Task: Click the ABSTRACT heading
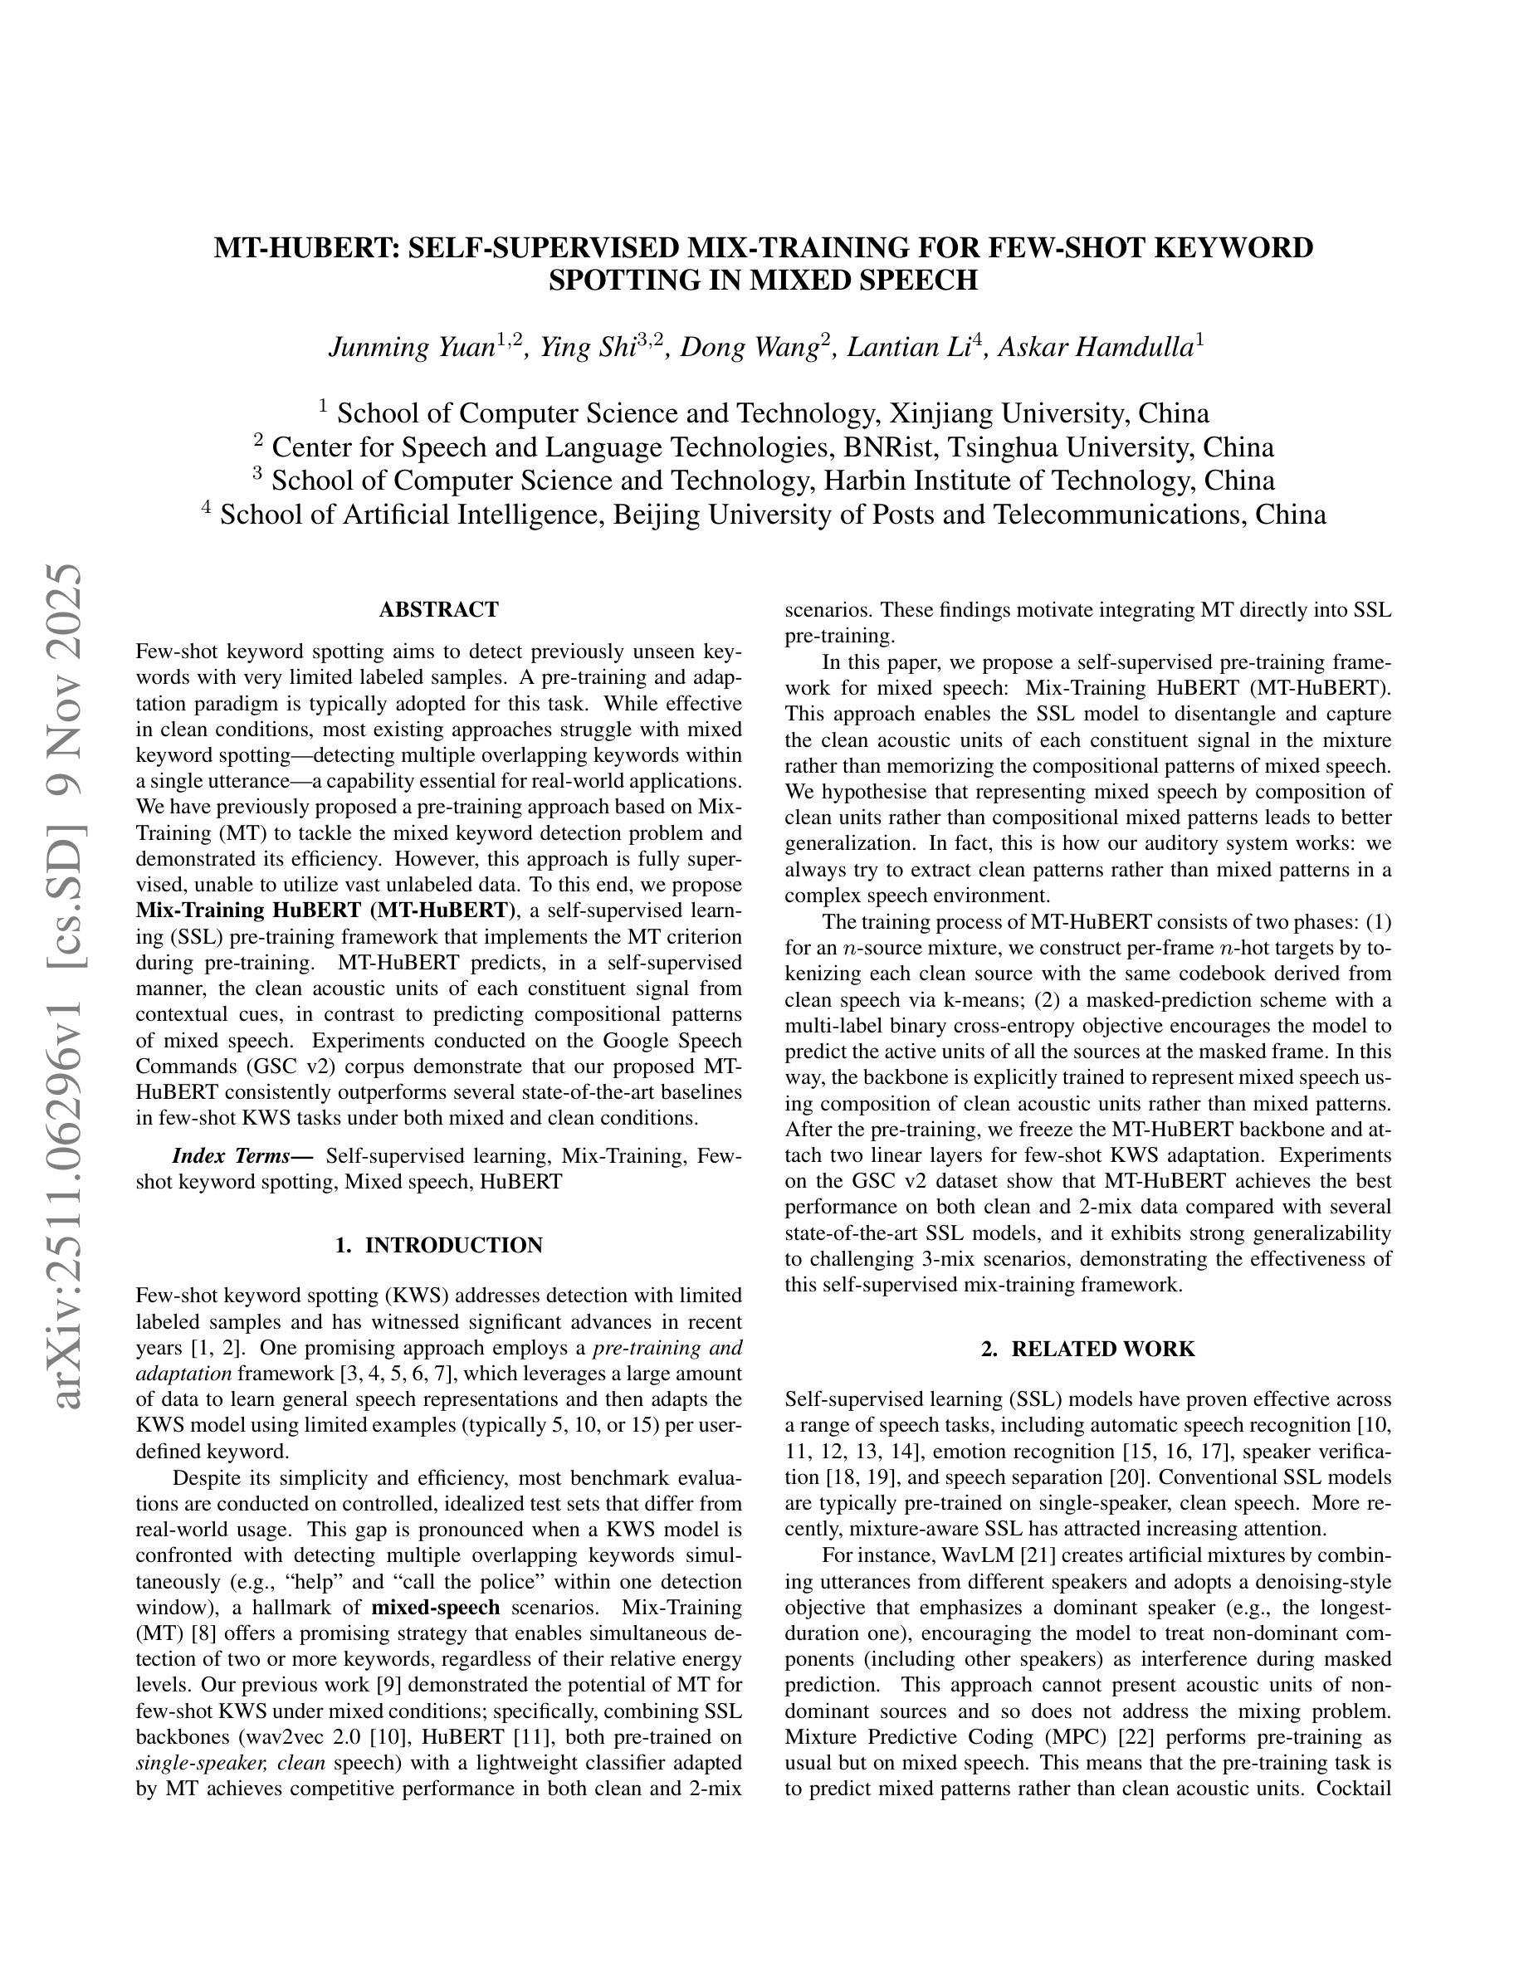[439, 609]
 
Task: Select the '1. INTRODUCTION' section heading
[439, 1245]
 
